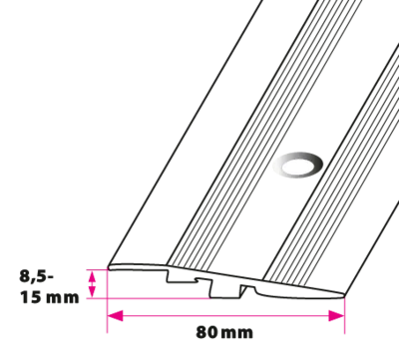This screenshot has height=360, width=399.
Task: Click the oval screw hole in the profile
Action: point(297,165)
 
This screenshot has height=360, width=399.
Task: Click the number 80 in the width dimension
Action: point(206,332)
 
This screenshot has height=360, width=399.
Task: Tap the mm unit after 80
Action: point(236,333)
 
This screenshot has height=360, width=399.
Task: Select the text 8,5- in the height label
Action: point(37,276)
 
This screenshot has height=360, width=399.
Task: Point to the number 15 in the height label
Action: point(31,297)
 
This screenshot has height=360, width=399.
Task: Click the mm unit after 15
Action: point(63,298)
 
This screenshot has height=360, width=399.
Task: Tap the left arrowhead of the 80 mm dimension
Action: point(115,316)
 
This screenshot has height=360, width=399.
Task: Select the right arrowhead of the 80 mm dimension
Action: point(336,316)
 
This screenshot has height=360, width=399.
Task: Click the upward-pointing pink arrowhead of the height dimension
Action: point(92,276)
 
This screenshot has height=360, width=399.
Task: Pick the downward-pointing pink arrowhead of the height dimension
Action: point(92,291)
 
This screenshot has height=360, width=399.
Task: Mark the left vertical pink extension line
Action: point(107,301)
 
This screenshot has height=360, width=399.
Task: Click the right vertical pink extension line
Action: point(344,314)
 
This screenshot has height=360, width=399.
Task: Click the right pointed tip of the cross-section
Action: point(344,294)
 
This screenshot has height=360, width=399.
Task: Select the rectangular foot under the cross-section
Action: point(225,290)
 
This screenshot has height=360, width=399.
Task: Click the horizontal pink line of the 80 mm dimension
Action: point(225,316)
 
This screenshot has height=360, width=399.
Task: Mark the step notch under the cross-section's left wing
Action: point(183,276)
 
